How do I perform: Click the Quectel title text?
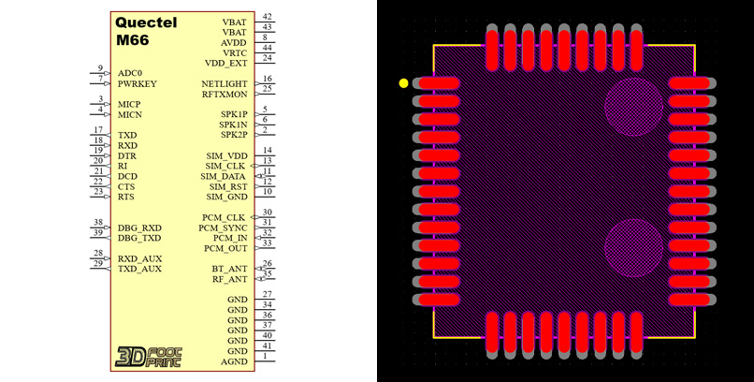(x=145, y=22)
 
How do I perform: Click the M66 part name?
(x=134, y=40)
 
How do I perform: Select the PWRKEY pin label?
(x=138, y=83)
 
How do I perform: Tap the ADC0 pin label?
(x=131, y=73)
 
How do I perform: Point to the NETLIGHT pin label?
(x=225, y=83)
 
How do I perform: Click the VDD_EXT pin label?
(x=226, y=63)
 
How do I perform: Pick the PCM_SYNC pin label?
(x=223, y=228)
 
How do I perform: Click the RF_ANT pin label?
(x=230, y=279)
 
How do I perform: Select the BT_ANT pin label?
(x=230, y=269)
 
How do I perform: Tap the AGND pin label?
(x=234, y=361)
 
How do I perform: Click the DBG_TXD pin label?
(x=139, y=238)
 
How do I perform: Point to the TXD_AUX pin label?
(x=139, y=269)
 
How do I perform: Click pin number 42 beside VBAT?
(x=268, y=17)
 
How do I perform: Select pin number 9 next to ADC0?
(x=100, y=68)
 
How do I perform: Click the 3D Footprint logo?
(x=148, y=357)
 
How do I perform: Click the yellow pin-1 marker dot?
(x=403, y=83)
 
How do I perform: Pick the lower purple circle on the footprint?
(x=633, y=247)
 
